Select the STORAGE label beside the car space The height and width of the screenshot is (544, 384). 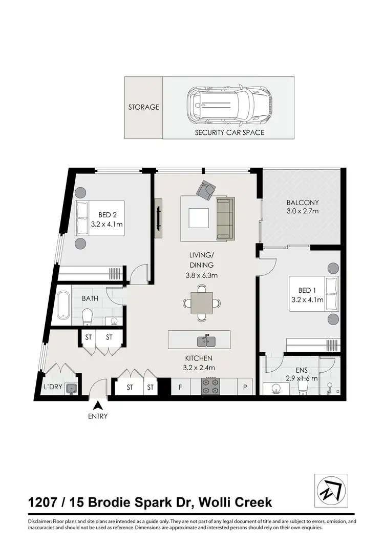coord(144,108)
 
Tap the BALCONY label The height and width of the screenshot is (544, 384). coord(302,203)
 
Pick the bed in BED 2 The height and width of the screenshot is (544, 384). coord(100,218)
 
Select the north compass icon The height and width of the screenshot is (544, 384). coord(330,491)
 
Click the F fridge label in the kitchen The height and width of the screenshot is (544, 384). coord(180,387)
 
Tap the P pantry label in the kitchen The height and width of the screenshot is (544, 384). coord(245,387)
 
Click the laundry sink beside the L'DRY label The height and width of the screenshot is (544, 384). coord(71,388)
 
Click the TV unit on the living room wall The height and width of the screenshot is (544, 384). coord(158,218)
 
